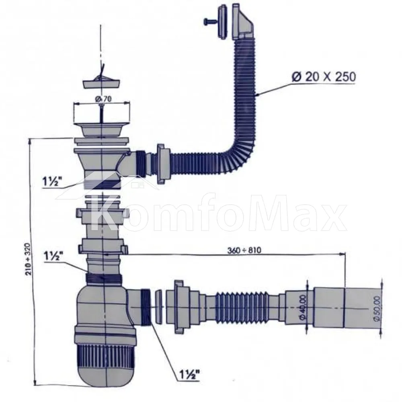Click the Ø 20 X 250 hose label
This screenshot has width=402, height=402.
click(x=324, y=77)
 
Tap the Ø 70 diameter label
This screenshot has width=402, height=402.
click(x=103, y=98)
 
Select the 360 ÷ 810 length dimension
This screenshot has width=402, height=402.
click(x=244, y=250)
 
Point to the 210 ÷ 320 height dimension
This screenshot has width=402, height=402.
click(x=29, y=259)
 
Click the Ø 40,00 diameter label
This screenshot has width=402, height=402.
click(x=303, y=307)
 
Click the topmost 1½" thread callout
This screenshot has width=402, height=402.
click(x=52, y=182)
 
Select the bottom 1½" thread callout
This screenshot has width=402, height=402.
click(x=189, y=375)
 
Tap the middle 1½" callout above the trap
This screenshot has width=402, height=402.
click(x=53, y=256)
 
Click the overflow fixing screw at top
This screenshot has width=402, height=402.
click(x=210, y=22)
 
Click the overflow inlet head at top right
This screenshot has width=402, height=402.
click(x=242, y=22)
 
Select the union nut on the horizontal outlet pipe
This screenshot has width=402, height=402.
click(x=178, y=307)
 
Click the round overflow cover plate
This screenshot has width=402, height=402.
click(x=222, y=22)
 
